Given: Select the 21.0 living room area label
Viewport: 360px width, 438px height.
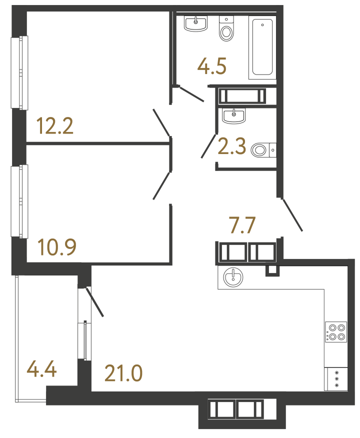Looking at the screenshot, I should point(123,373).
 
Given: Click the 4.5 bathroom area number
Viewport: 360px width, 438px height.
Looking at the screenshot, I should point(212,65).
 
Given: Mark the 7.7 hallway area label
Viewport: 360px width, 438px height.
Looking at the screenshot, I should point(242,225).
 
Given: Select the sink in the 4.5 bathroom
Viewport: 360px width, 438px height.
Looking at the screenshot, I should point(196,23).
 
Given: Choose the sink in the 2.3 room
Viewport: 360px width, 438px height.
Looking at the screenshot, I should point(233,116).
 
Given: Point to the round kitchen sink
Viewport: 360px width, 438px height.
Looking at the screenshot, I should point(232,277).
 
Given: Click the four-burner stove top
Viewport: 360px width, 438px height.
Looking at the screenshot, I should point(335,332).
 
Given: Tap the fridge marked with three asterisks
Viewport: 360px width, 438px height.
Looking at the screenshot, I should point(336,379).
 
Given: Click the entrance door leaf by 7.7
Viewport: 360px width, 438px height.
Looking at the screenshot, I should point(292,215).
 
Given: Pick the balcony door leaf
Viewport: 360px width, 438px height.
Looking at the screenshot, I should point(95,302).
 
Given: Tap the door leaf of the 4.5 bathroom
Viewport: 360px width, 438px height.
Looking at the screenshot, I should point(191,94).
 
